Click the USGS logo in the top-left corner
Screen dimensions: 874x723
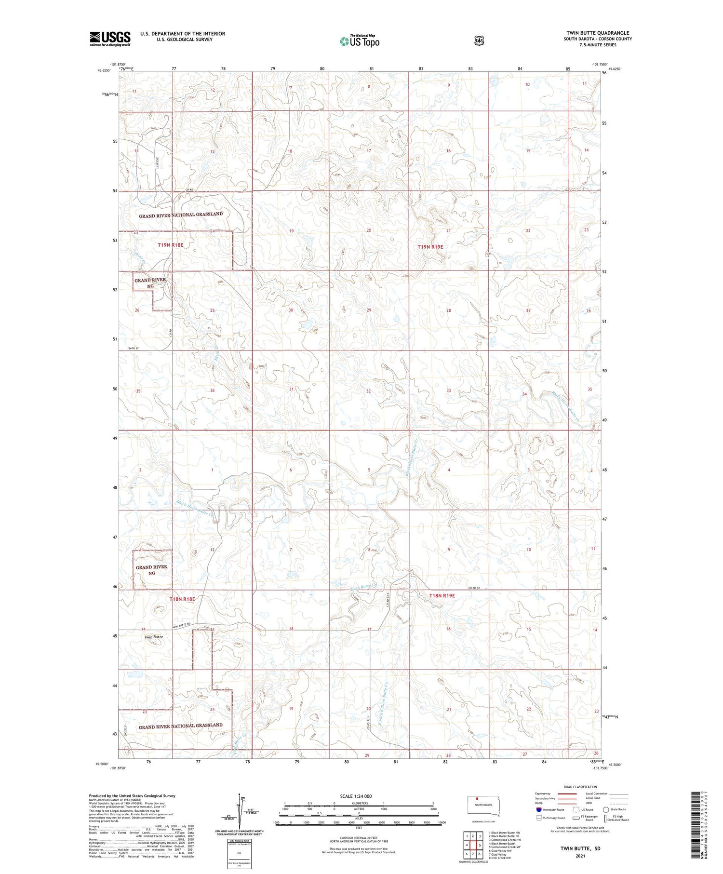coord(110,39)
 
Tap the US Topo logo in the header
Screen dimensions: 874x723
coord(359,41)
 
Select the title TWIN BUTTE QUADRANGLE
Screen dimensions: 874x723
coord(598,33)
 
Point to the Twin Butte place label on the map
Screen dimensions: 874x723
coord(154,637)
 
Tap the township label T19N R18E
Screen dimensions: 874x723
coord(171,245)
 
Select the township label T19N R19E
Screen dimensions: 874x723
coord(430,246)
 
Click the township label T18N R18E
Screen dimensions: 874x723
coord(182,599)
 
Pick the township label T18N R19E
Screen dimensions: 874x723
coord(442,596)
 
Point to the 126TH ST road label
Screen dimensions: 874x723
coord(133,348)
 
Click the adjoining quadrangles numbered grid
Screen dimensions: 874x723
coord(473,845)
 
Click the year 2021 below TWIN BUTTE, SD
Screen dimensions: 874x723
coord(580,856)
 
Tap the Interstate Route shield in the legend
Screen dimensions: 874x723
coord(538,809)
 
